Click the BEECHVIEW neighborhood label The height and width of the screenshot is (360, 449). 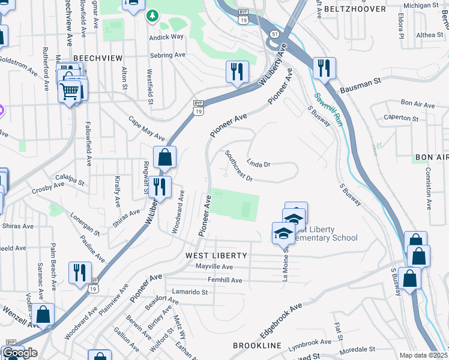(98, 58)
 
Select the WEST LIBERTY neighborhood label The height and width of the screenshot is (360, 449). (216, 256)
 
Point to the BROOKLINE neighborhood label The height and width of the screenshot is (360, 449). (257, 346)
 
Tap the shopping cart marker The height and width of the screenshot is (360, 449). (70, 92)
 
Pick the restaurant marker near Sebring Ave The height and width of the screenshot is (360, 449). (237, 71)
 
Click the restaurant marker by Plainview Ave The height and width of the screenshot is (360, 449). (80, 272)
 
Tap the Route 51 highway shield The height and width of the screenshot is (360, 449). (274, 34)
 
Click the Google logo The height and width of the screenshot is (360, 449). (20, 353)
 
